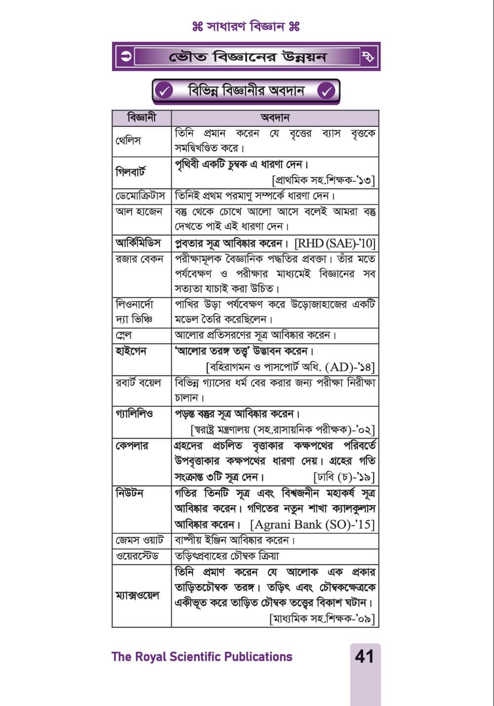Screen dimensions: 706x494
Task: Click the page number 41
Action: click(364, 657)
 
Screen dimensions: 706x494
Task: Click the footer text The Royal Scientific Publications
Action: click(202, 657)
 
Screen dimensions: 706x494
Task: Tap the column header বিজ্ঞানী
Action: click(142, 118)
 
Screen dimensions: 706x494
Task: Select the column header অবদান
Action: click(275, 118)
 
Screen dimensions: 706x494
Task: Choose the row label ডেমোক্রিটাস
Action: click(142, 196)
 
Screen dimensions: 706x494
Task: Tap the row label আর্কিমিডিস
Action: click(138, 243)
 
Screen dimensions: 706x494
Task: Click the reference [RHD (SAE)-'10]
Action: click(335, 243)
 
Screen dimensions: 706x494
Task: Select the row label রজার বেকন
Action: click(139, 259)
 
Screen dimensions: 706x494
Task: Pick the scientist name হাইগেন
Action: click(131, 351)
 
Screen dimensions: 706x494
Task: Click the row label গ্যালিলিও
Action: click(134, 414)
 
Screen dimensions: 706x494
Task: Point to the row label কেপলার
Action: click(132, 446)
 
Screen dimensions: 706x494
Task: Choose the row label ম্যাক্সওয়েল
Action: click(138, 595)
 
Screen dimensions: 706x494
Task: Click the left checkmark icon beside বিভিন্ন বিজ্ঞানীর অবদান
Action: click(164, 91)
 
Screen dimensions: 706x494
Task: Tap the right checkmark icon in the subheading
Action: click(326, 91)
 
